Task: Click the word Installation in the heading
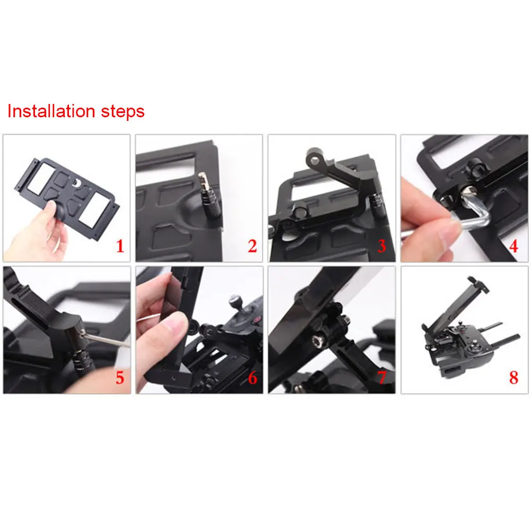pyautogui.click(x=51, y=111)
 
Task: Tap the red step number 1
pyautogui.click(x=120, y=246)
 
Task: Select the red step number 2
pyautogui.click(x=253, y=246)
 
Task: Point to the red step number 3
pyautogui.click(x=381, y=246)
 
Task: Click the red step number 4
pyautogui.click(x=513, y=246)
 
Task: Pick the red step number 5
pyautogui.click(x=120, y=378)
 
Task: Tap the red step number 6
pyautogui.click(x=253, y=378)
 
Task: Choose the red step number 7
pyautogui.click(x=381, y=378)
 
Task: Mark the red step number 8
pyautogui.click(x=513, y=378)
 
